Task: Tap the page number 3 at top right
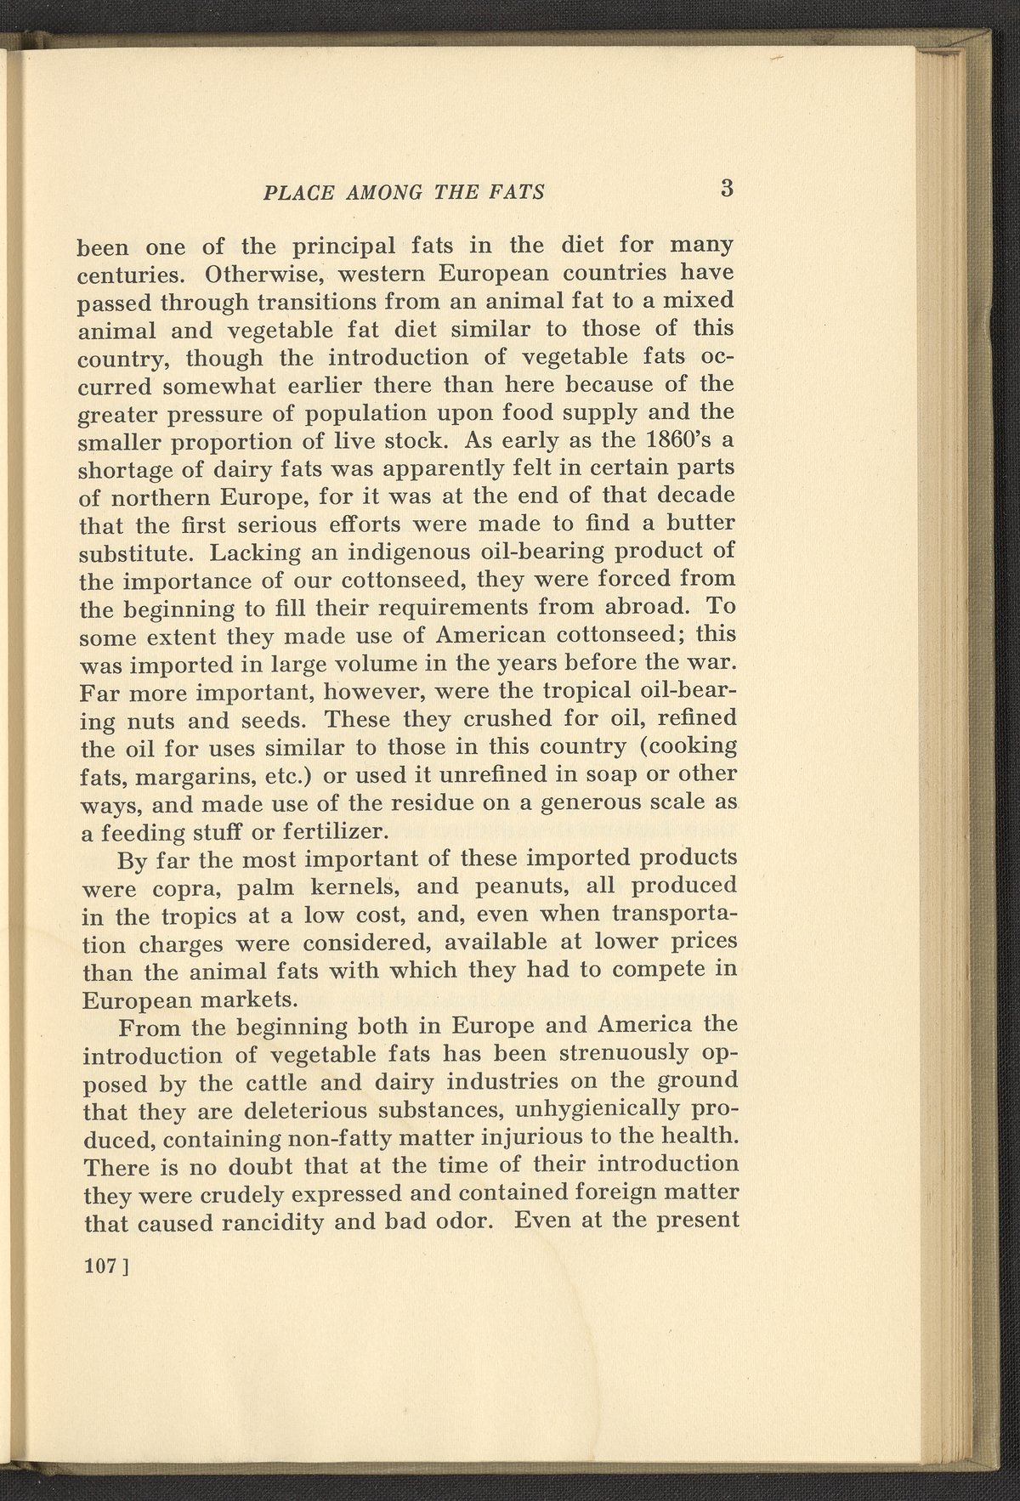click(725, 188)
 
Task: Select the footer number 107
click(100, 1266)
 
